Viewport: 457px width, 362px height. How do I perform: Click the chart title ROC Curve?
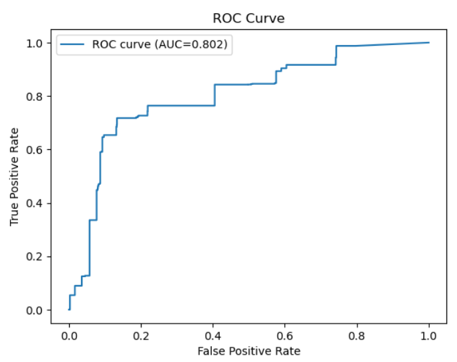pyautogui.click(x=248, y=18)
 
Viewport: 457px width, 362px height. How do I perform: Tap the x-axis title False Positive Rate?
pyautogui.click(x=248, y=350)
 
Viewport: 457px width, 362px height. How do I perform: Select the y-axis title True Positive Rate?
pyautogui.click(x=15, y=178)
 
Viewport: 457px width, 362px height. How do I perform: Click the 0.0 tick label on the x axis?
pyautogui.click(x=69, y=336)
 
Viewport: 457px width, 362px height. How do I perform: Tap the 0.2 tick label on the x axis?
pyautogui.click(x=141, y=336)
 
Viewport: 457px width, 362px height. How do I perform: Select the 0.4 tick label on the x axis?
pyautogui.click(x=213, y=336)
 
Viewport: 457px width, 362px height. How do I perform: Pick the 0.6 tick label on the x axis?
pyautogui.click(x=285, y=336)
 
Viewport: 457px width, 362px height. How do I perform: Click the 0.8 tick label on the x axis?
pyautogui.click(x=357, y=336)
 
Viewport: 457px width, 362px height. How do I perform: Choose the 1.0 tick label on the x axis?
pyautogui.click(x=429, y=336)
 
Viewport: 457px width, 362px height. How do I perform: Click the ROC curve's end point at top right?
pyautogui.click(x=428, y=42)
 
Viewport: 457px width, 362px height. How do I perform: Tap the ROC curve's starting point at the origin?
pyautogui.click(x=69, y=310)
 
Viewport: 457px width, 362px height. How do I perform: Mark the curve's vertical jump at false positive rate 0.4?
pyautogui.click(x=215, y=95)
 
